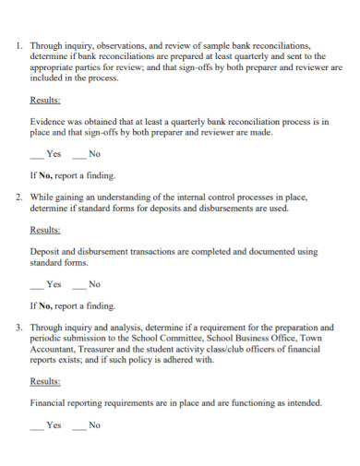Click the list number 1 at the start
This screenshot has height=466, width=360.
[19, 43]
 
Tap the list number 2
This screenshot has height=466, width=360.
[19, 197]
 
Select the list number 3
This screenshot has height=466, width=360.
[19, 328]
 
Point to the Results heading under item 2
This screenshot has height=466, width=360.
[46, 230]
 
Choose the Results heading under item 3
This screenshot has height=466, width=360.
[46, 381]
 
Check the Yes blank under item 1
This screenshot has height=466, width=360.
[37, 155]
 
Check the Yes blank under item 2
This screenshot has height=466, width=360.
[37, 285]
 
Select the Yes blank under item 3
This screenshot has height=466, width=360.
[37, 426]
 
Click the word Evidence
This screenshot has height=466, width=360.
[49, 121]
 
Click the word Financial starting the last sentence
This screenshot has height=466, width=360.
[51, 402]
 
